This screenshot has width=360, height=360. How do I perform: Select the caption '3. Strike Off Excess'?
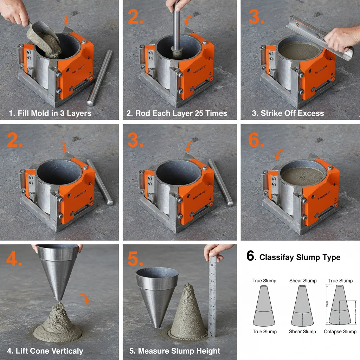coord(288,113)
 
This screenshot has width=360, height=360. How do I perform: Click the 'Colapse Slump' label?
coord(340,332)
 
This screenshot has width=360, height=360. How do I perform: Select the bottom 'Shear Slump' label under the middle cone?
coord(302,332)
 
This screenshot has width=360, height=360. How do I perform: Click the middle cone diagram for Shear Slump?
coord(302,306)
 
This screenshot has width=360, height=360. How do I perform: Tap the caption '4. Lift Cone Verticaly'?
coord(45,351)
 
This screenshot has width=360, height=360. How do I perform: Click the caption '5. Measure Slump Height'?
coord(175,351)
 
